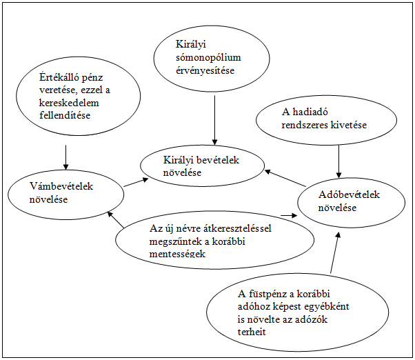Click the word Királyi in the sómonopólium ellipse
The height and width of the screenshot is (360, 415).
191,45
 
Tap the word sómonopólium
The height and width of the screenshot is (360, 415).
208,58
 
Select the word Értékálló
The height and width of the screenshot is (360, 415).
57,77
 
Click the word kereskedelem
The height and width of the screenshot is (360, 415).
69,103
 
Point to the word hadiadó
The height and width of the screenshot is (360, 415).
310,112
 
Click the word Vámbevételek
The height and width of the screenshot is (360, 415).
61,186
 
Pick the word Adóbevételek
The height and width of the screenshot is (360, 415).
349,194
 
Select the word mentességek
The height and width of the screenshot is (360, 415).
177,254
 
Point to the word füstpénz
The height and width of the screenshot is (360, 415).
271,294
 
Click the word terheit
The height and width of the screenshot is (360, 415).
252,332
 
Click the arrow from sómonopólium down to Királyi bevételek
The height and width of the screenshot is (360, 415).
214,120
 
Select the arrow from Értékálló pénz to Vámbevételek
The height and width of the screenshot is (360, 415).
65,157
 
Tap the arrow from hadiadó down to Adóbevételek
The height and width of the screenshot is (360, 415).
338,161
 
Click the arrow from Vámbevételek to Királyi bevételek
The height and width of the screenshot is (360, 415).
136,182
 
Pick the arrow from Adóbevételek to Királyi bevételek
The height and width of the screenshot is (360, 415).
285,179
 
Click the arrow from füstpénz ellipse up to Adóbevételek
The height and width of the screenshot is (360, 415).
334,252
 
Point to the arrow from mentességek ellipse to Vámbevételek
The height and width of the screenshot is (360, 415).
116,219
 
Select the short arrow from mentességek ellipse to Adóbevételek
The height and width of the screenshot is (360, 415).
289,215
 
